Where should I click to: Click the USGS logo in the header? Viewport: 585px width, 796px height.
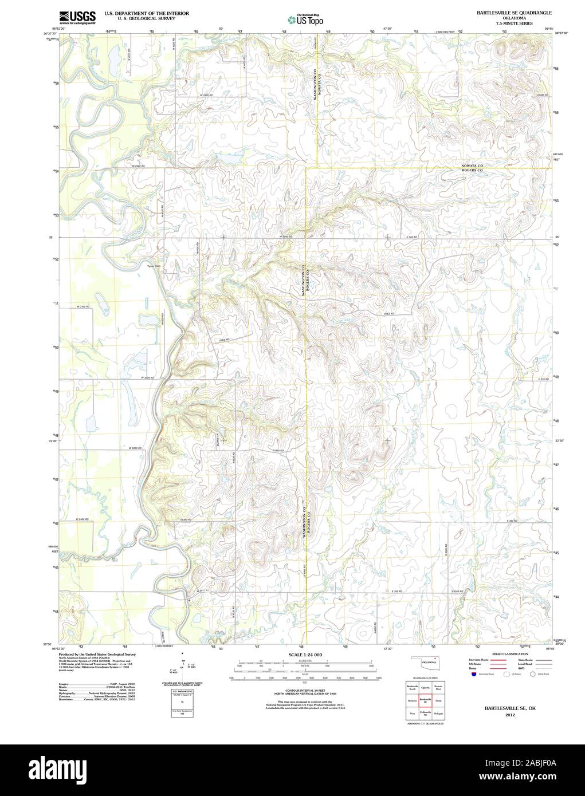pyautogui.click(x=77, y=18)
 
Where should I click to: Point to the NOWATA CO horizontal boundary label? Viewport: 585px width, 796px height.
pyautogui.click(x=473, y=165)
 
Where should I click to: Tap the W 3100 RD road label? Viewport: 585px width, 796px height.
pyautogui.click(x=84, y=307)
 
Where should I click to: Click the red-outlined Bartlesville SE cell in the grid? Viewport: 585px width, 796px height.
pyautogui.click(x=425, y=700)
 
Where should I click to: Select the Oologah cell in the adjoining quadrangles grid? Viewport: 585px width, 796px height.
pyautogui.click(x=438, y=713)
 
